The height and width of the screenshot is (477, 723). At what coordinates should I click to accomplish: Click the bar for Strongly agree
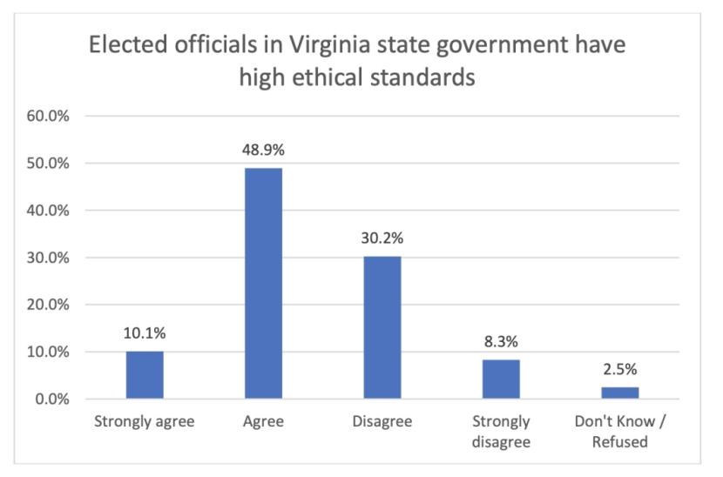[x=145, y=375]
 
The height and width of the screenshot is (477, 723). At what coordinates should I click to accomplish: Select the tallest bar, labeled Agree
[x=263, y=283]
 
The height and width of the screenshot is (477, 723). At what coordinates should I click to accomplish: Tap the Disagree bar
[x=382, y=327]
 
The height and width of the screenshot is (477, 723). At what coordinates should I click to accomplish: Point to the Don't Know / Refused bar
[x=619, y=393]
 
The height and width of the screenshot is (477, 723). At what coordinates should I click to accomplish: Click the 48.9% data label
[x=263, y=150]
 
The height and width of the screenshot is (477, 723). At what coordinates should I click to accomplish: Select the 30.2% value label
[x=382, y=238]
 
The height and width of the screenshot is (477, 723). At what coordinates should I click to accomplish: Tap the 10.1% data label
[x=145, y=333]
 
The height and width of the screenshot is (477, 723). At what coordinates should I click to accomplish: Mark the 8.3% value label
[x=501, y=342]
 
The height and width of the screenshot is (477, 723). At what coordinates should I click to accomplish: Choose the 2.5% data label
[x=619, y=369]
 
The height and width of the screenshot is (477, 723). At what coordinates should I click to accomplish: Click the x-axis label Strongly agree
[x=145, y=422]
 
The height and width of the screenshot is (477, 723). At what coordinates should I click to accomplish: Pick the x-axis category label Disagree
[x=382, y=422]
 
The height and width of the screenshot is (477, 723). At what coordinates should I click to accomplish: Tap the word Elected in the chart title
[x=128, y=44]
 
